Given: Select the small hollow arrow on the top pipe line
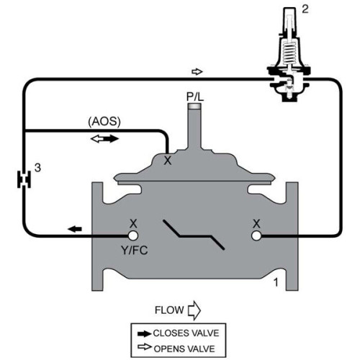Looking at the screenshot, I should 198,72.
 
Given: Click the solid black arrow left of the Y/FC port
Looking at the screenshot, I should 75,229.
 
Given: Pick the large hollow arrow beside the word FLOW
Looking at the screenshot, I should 192,311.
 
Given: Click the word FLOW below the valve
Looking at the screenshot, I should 168,311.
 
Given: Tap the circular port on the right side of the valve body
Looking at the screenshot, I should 256,235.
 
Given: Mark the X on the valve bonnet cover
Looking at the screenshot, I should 168,161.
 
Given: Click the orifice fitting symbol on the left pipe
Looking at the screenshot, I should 23,177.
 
